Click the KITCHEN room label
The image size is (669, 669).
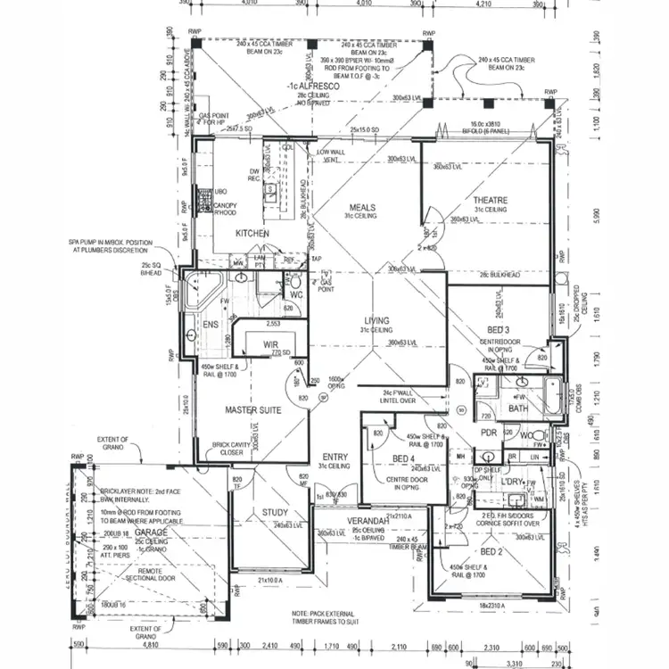pos(252,234)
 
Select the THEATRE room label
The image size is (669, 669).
pos(490,200)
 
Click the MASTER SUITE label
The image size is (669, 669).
pos(252,409)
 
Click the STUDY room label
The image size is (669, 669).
pos(275,512)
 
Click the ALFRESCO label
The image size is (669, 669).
pos(310,86)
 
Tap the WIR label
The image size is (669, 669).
pos(272,345)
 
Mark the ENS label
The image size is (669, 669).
pos(211,325)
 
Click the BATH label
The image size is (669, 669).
pos(518,409)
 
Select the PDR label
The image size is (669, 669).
pos(488,433)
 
